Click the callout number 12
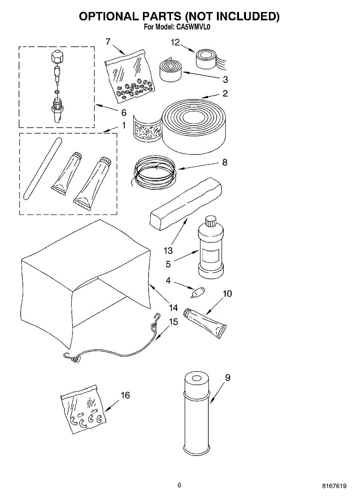176,42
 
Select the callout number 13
168,251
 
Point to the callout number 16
125,396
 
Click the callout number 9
227,378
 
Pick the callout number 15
173,321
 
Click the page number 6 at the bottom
179,485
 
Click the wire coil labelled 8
154,171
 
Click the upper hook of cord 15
156,318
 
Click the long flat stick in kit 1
42,168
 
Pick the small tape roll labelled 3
170,71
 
